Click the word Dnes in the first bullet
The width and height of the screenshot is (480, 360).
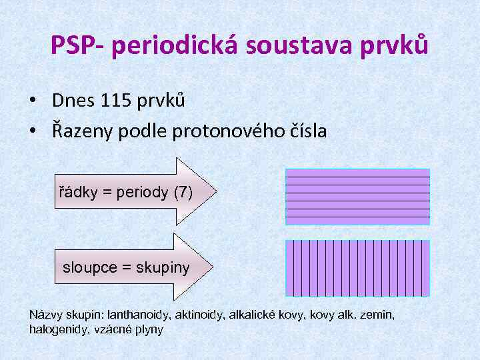[73, 101]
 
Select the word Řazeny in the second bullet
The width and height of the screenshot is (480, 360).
[83, 131]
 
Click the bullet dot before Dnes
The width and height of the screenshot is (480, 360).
[33, 101]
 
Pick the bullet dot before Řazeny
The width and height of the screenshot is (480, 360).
[33, 132]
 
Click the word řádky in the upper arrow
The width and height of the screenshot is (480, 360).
[77, 193]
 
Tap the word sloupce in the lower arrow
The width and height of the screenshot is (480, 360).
[89, 268]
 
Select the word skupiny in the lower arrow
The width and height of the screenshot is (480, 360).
[163, 268]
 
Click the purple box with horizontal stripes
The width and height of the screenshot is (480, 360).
[357, 197]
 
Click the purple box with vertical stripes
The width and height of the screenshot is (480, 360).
[357, 268]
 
